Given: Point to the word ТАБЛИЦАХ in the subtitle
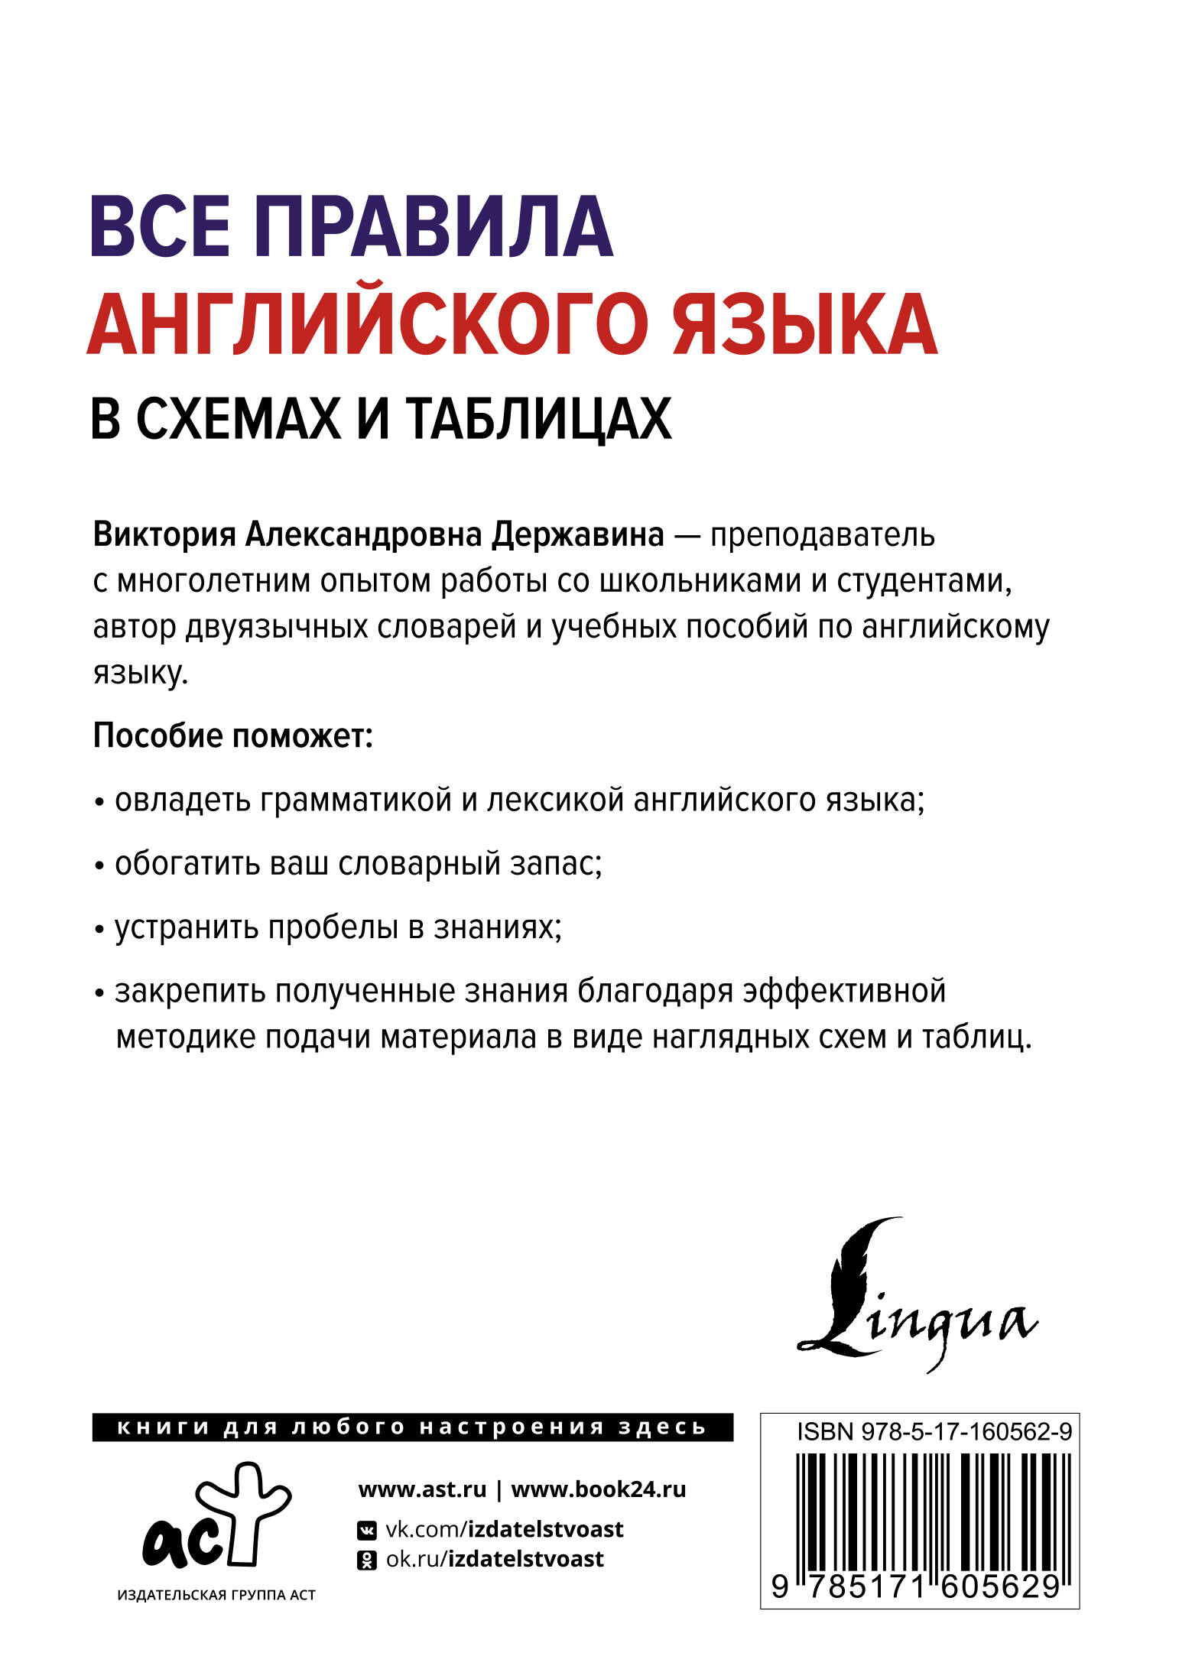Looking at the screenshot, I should click(538, 419).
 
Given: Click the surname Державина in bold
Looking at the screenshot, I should click(577, 535).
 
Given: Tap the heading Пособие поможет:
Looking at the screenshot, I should click(232, 736).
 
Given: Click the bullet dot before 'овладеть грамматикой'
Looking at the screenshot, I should click(99, 804).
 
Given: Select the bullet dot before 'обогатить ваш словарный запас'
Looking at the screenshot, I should click(99, 867).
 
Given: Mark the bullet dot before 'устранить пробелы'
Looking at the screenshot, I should click(99, 930).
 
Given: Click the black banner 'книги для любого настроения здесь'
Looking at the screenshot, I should click(412, 1427).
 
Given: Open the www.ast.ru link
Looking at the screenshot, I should click(422, 1489).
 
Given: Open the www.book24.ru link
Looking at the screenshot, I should click(598, 1489).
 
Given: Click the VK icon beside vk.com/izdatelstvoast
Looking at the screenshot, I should click(367, 1530).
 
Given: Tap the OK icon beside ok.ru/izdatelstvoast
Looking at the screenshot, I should click(367, 1560).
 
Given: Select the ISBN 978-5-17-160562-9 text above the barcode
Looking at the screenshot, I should click(934, 1431).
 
